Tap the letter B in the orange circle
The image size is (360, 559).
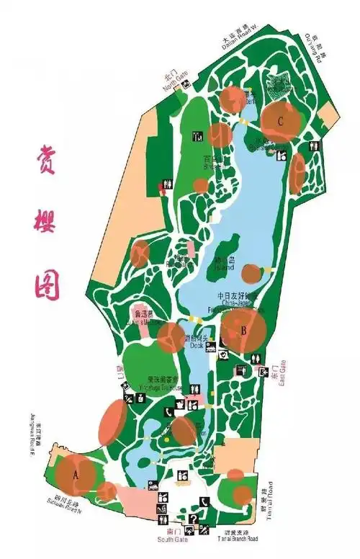pyautogui.click(x=244, y=331)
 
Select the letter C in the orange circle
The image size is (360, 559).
pyautogui.click(x=280, y=120)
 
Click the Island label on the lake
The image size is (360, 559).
pyautogui.click(x=224, y=266)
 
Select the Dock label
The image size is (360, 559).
pyautogui.click(x=198, y=345)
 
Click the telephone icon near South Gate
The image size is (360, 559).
pyautogui.click(x=204, y=502)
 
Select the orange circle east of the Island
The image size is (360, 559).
pyautogui.click(x=251, y=273)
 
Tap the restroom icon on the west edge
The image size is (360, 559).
pyautogui.click(x=167, y=184)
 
